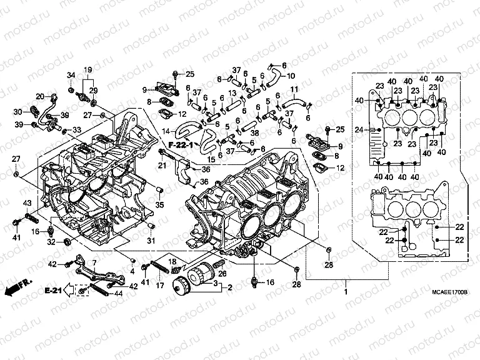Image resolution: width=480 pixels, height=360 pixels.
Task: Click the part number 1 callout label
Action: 345,291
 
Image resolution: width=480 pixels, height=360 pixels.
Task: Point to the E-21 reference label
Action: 55,291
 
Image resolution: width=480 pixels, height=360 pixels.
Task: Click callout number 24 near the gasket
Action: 358,129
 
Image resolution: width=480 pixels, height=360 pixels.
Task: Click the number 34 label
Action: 71,75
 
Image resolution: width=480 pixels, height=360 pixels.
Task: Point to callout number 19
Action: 87,69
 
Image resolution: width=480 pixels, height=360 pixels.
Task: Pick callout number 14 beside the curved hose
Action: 166,131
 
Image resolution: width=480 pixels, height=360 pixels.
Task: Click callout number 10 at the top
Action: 291,76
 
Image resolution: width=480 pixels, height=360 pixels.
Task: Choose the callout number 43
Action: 27,203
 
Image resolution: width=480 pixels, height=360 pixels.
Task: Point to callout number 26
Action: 223,272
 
